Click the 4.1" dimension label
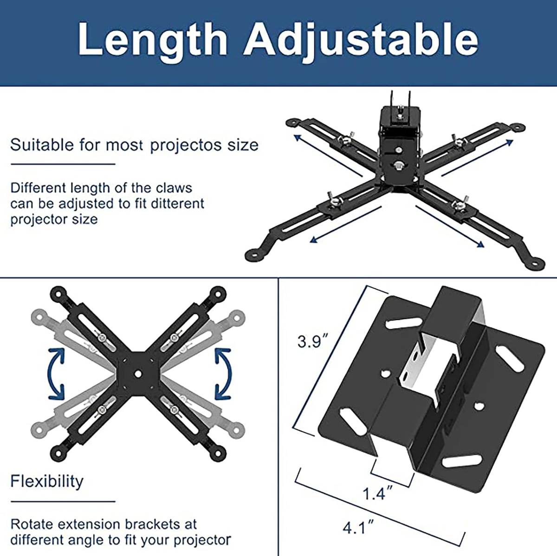(x=358, y=528)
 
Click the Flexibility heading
(x=47, y=481)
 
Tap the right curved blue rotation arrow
(x=222, y=374)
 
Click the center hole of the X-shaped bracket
(x=138, y=373)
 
